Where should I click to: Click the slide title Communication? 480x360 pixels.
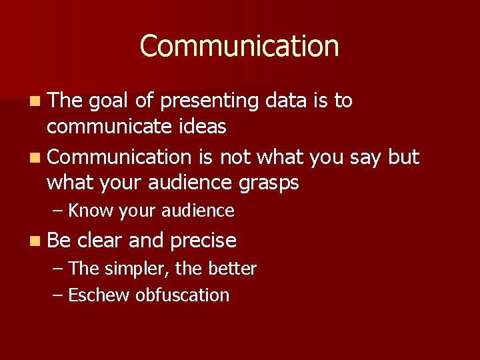coord(239,46)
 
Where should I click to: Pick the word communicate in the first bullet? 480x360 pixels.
coord(108,125)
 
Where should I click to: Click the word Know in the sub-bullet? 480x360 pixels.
coord(91,211)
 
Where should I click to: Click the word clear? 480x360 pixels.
coord(100,240)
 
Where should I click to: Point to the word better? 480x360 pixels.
coord(232,269)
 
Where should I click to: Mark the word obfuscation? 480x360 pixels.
coord(182,295)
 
